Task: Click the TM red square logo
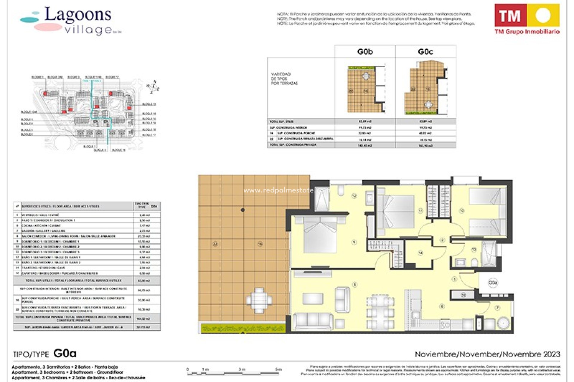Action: click(x=510, y=15)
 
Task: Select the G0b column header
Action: click(x=365, y=52)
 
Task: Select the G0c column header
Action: click(x=425, y=52)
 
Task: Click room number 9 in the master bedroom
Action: click(x=354, y=242)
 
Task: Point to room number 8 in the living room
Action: click(x=355, y=285)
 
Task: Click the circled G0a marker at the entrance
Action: click(x=492, y=283)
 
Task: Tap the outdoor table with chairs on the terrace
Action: click(x=259, y=300)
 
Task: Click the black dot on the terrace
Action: click(x=243, y=210)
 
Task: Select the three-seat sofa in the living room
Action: click(x=313, y=321)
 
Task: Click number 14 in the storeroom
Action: click(x=420, y=253)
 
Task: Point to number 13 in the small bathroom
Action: click(x=474, y=249)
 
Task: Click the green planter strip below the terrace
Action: click(x=243, y=328)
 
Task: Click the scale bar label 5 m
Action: click(x=278, y=369)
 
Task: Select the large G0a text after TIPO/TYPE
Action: click(x=65, y=353)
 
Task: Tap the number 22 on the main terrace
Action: click(x=215, y=244)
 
